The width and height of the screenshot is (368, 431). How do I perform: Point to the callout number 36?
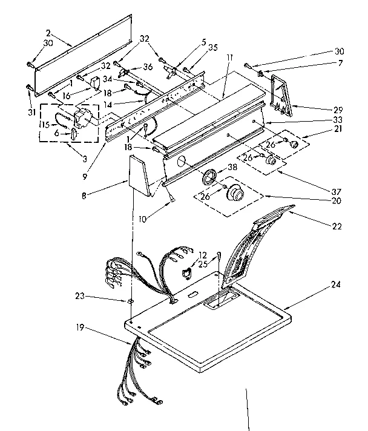tap(148, 67)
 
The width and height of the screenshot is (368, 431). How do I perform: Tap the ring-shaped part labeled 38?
tap(210, 178)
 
